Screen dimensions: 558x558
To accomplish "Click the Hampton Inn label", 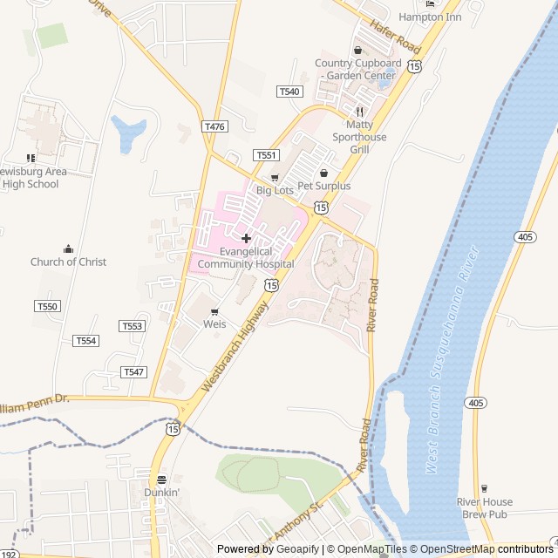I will pos(429,17).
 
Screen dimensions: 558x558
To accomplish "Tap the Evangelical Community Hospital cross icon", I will pos(246,238).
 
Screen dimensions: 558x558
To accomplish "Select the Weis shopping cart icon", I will pos(214,311).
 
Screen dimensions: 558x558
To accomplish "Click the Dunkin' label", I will pos(162,492).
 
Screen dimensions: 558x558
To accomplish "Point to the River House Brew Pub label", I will pos(484,507).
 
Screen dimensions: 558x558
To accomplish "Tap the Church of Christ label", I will pos(68,262).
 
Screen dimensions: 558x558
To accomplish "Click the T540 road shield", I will pos(289,92).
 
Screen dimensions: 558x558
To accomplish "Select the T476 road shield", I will pos(214,126).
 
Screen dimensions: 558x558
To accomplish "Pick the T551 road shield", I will pos(267,155).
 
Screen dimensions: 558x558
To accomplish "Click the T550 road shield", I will pos(48,306).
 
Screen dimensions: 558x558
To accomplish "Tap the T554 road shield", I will pos(85,340).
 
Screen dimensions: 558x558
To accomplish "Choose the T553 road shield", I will pos(132,326).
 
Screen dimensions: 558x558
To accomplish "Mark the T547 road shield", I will pos(133,371).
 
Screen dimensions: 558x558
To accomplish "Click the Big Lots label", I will pos(275,190).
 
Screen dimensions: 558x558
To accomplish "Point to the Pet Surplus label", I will pos(324,186).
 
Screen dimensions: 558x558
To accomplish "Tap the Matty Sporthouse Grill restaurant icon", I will pos(359,112).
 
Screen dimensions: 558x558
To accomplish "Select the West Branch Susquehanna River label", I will pos(454,359).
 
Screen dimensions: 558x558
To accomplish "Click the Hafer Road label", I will pos(395,37).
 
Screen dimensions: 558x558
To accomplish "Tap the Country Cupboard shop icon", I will pos(357,51).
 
